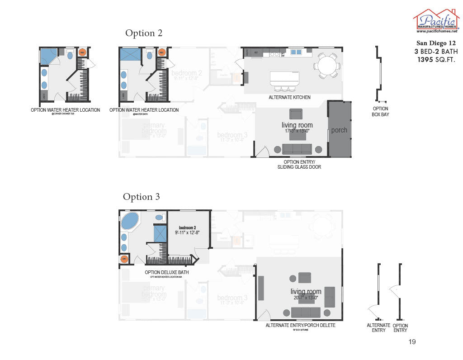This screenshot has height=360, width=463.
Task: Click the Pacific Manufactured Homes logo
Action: pyautogui.click(x=435, y=21)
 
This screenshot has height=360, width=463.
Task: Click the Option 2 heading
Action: pyautogui.click(x=144, y=33)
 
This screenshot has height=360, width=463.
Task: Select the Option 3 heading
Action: pyautogui.click(x=141, y=197)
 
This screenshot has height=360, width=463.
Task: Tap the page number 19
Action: pyautogui.click(x=411, y=342)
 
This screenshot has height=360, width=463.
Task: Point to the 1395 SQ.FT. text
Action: pyautogui.click(x=435, y=60)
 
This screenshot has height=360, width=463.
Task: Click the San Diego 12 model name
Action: pyautogui.click(x=436, y=43)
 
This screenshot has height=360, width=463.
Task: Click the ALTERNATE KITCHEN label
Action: pyautogui.click(x=289, y=97)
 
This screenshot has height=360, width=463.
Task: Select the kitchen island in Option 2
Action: pyautogui.click(x=284, y=78)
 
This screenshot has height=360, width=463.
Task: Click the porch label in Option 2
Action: pyautogui.click(x=339, y=130)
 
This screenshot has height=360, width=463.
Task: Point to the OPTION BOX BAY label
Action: pyautogui.click(x=380, y=112)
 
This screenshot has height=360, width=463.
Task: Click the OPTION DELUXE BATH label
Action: pyautogui.click(x=166, y=272)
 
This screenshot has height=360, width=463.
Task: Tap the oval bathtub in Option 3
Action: pyautogui.click(x=130, y=222)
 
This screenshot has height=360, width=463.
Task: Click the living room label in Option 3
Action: pyautogui.click(x=306, y=292)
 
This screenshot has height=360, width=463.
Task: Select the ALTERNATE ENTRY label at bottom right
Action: pyautogui.click(x=378, y=327)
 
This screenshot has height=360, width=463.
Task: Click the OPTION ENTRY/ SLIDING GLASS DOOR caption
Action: pyautogui.click(x=299, y=165)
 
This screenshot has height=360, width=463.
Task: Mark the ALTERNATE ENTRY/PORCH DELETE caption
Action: pyautogui.click(x=300, y=325)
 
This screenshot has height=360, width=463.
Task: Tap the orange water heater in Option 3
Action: pyautogui.click(x=125, y=259)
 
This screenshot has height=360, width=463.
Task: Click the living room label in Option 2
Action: pyautogui.click(x=297, y=125)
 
